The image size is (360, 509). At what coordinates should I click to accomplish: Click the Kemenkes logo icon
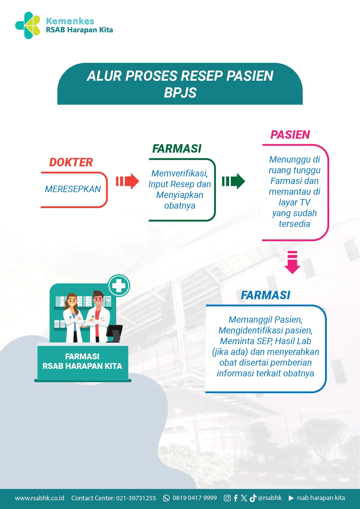pyautogui.click(x=28, y=26)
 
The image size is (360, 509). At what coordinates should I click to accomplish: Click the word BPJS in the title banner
pyautogui.click(x=180, y=93)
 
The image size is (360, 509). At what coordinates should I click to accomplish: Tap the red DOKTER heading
pyautogui.click(x=71, y=162)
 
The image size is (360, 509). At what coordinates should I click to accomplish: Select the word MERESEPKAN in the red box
pyautogui.click(x=73, y=189)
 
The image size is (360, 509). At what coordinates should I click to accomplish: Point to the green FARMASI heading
pyautogui.click(x=177, y=149)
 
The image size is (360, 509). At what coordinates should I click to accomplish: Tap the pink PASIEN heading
pyautogui.click(x=290, y=135)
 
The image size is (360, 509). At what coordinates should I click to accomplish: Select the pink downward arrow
pyautogui.click(x=292, y=262)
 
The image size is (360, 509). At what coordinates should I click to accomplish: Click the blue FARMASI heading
pyautogui.click(x=265, y=295)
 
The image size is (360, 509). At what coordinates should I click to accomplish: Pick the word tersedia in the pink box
pyautogui.click(x=294, y=224)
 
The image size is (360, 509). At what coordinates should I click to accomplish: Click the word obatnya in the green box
pyautogui.click(x=180, y=206)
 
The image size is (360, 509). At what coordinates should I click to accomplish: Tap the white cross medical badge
pyautogui.click(x=119, y=286)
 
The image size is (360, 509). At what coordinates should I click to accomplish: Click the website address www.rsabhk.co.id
pyautogui.click(x=39, y=498)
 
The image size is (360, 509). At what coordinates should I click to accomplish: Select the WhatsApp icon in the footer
pyautogui.click(x=166, y=498)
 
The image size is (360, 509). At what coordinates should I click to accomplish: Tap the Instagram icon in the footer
pyautogui.click(x=227, y=498)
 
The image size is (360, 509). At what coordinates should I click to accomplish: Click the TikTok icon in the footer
pyautogui.click(x=253, y=498)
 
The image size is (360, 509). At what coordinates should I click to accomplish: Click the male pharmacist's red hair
pyautogui.click(x=98, y=293)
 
